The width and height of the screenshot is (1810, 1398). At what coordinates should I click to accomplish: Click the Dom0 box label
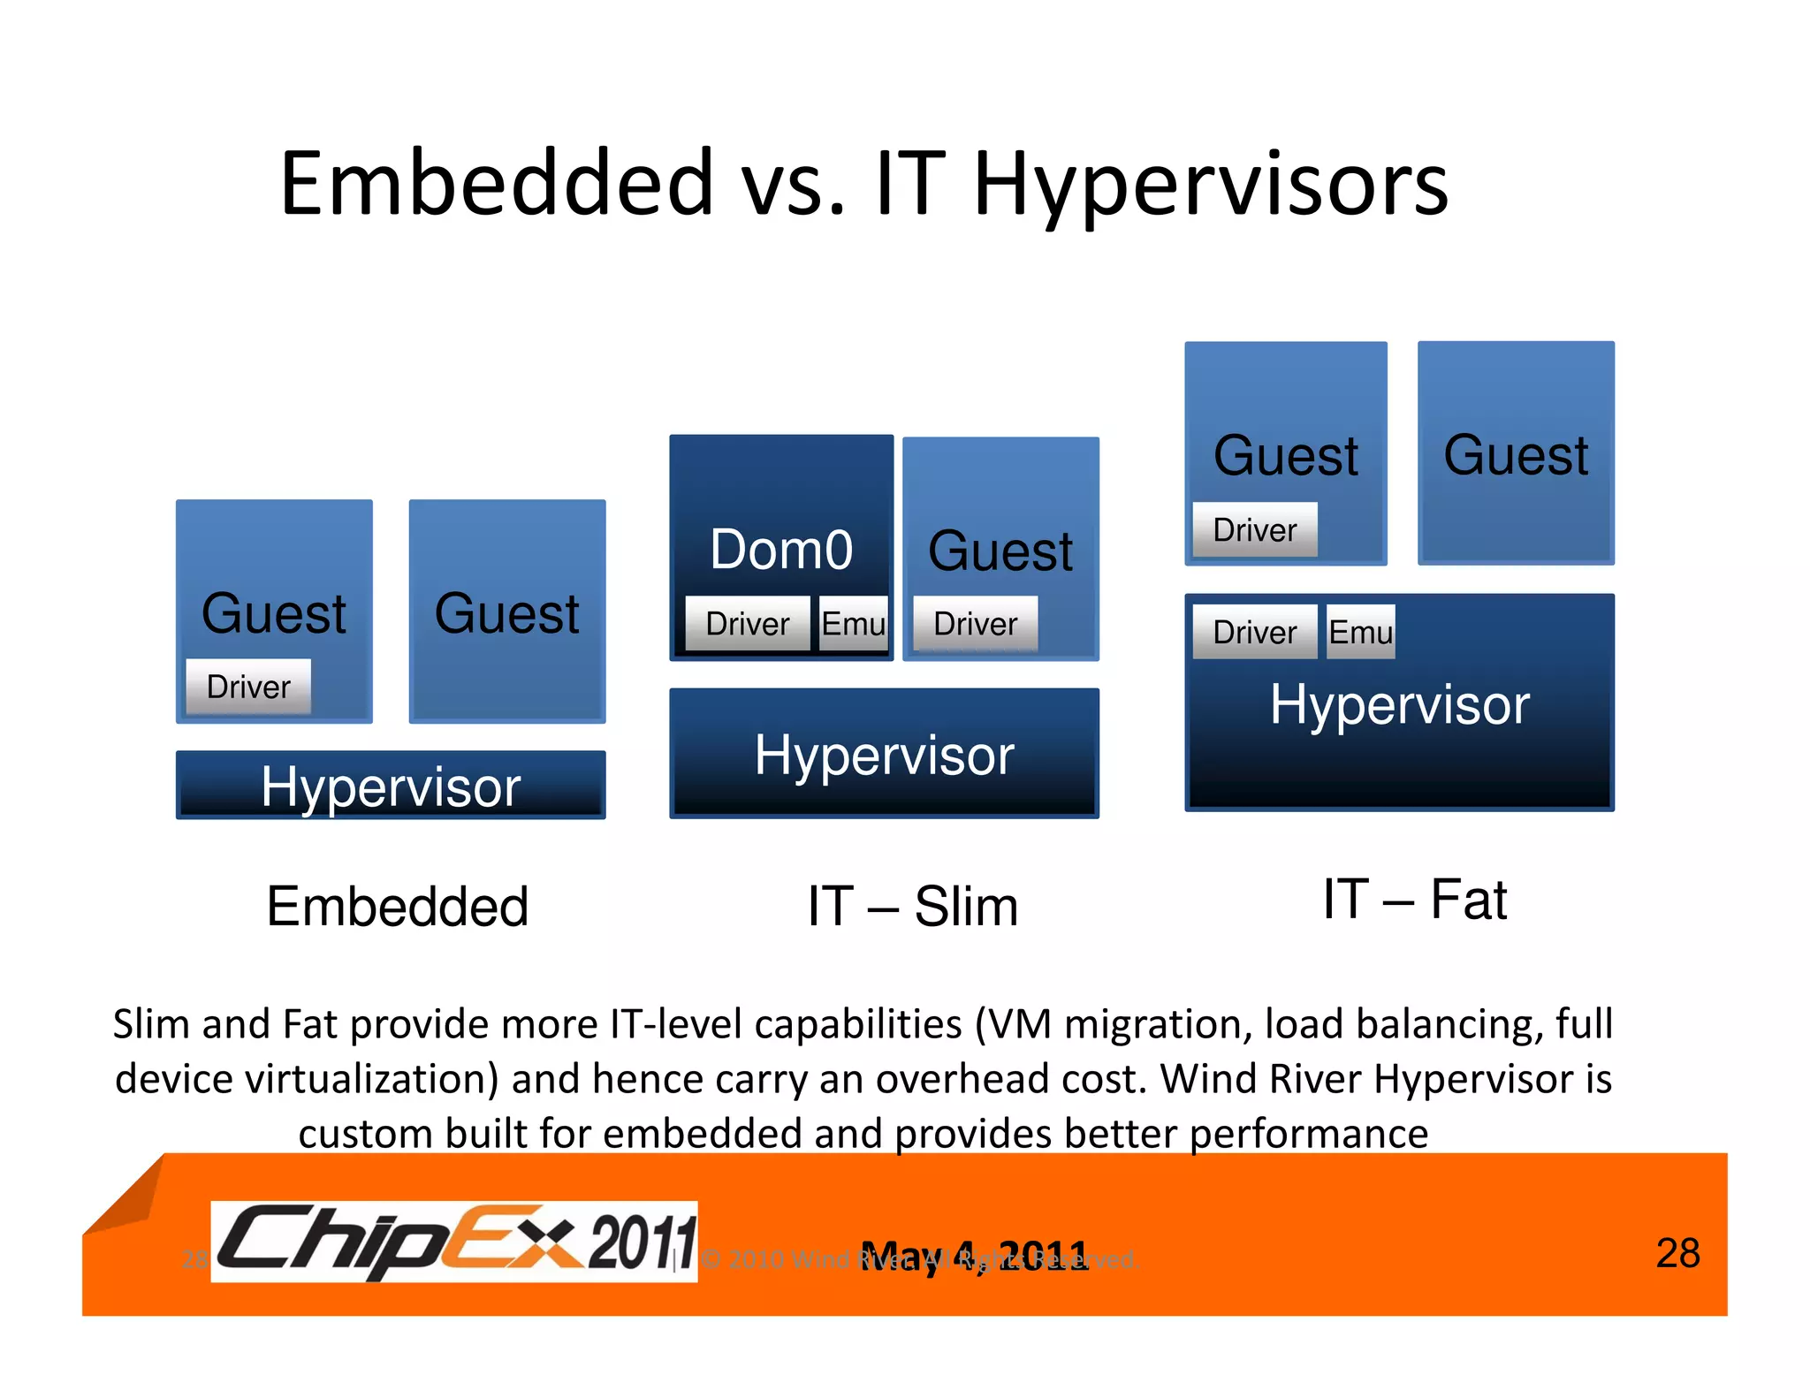click(x=781, y=550)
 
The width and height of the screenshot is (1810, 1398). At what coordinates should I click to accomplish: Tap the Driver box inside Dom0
click(x=747, y=624)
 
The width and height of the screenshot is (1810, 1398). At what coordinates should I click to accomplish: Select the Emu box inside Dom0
click(x=853, y=624)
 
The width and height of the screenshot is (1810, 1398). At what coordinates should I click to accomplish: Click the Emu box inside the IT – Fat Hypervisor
click(x=1361, y=632)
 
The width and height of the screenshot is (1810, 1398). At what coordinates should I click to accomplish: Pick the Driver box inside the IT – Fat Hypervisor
click(x=1254, y=632)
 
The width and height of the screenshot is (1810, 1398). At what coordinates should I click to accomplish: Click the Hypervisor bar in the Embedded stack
click(x=391, y=786)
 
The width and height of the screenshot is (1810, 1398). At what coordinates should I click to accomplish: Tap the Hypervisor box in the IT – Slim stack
click(x=884, y=754)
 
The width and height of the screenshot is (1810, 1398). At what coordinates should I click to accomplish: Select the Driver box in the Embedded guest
click(x=248, y=687)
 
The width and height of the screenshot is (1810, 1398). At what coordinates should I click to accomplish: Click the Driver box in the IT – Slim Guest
click(x=975, y=624)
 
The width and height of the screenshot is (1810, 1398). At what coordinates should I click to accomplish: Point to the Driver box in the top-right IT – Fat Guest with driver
click(x=1254, y=530)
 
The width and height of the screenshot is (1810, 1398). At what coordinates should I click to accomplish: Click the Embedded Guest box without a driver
click(x=507, y=612)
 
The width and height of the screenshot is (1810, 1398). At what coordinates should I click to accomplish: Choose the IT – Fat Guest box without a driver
click(x=1516, y=454)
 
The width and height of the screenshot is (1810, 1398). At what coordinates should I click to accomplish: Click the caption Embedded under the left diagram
click(x=398, y=907)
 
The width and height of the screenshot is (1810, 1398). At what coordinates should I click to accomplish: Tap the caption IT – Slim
click(x=912, y=907)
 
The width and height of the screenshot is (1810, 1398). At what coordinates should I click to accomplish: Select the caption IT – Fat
click(x=1414, y=900)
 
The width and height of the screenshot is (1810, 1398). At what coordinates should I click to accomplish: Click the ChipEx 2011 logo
click(x=455, y=1242)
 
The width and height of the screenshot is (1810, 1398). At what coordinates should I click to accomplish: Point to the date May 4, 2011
click(x=974, y=1255)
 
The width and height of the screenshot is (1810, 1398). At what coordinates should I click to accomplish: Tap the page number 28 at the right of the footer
click(x=1677, y=1253)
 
